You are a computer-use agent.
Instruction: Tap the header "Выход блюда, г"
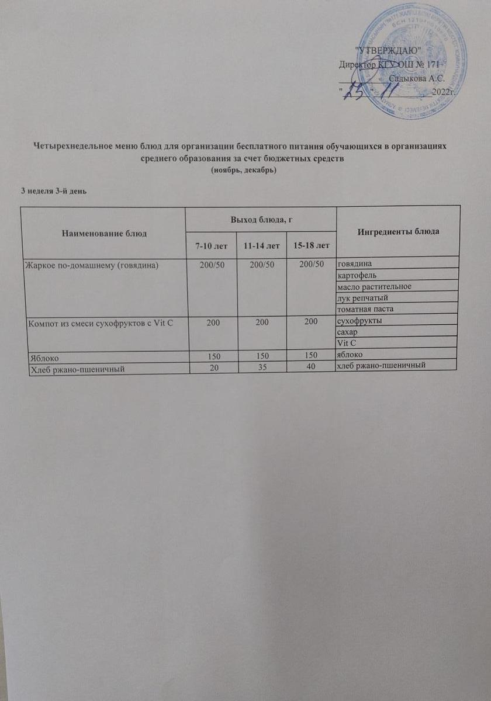(261, 218)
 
